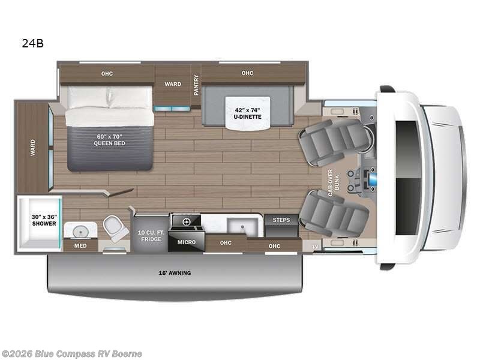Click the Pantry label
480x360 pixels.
click(196, 85)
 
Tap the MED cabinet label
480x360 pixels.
click(80, 245)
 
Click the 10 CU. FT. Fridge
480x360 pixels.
click(149, 236)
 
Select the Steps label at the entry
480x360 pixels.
click(281, 220)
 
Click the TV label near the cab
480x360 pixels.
click(314, 247)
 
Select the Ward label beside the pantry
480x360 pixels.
click(173, 84)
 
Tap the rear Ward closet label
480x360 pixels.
click(32, 148)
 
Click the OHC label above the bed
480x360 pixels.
click(107, 73)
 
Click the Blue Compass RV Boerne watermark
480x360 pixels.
click(72, 353)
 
